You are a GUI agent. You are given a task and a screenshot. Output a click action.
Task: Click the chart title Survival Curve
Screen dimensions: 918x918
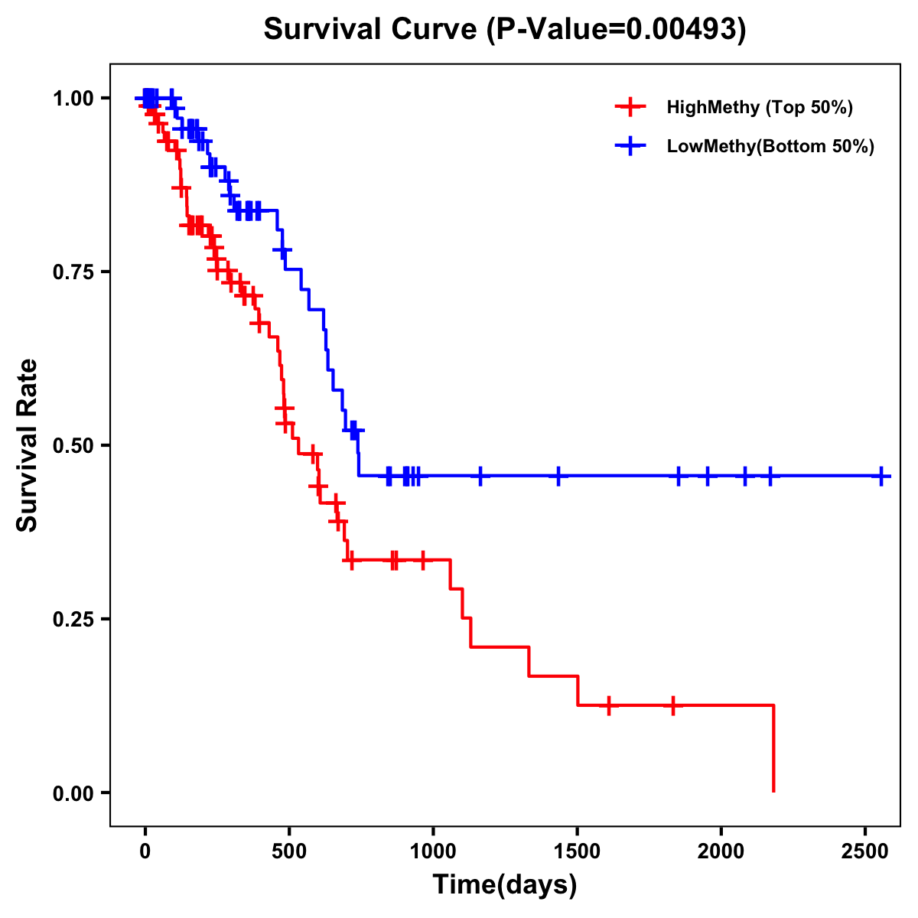[504, 29]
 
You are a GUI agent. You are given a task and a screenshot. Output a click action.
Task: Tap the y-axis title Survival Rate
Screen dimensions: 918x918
[28, 444]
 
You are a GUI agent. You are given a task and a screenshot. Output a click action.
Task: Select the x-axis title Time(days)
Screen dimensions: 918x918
[505, 885]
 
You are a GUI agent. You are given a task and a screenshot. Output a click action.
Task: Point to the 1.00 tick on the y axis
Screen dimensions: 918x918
[73, 98]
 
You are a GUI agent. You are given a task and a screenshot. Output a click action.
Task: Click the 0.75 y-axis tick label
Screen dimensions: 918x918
[73, 272]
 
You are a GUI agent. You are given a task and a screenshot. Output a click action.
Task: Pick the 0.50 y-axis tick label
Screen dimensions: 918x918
[73, 445]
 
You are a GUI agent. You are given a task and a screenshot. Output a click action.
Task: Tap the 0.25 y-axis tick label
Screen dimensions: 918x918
[73, 619]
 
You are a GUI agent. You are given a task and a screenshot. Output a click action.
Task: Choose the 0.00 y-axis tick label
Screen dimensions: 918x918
[73, 793]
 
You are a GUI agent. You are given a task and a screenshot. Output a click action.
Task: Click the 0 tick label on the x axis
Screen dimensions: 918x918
[145, 851]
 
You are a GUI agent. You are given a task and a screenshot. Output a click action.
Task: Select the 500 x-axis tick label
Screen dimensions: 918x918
[289, 851]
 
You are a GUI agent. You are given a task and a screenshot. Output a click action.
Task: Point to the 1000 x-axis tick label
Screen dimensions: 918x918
[433, 851]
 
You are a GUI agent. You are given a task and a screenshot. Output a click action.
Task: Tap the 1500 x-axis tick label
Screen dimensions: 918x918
[577, 851]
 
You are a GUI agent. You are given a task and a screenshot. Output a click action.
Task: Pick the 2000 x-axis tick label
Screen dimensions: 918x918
[721, 851]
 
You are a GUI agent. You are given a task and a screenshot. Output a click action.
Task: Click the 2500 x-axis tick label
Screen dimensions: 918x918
[865, 851]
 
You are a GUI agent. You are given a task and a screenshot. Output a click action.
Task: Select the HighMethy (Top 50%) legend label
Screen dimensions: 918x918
[760, 107]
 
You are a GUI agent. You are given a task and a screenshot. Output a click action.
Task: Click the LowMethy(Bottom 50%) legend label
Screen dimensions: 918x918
[770, 147]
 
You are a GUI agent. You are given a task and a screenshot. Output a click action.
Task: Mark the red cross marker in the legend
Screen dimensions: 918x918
[630, 107]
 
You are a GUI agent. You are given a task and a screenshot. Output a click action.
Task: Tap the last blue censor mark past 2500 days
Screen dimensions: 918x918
[882, 476]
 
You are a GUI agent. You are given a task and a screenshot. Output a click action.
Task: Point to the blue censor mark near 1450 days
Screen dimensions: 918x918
[558, 476]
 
